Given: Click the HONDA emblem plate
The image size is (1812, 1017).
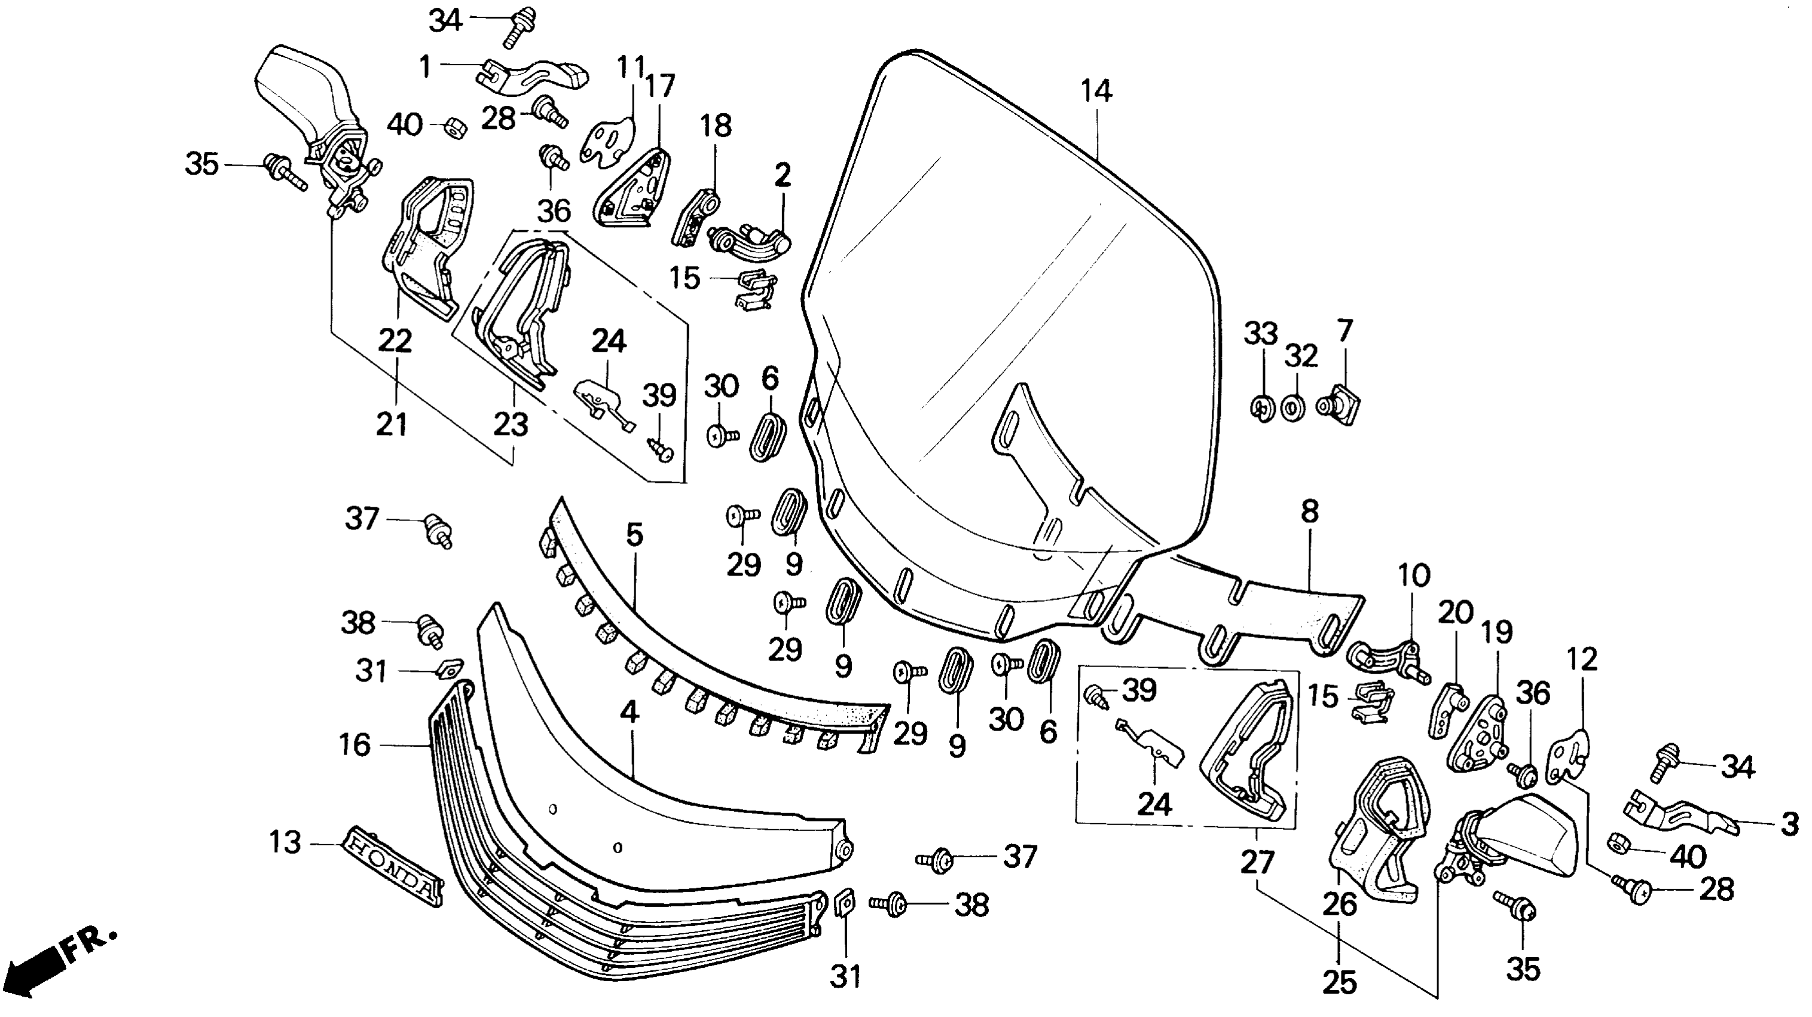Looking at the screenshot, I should [393, 865].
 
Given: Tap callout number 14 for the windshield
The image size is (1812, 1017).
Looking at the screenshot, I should [1096, 91].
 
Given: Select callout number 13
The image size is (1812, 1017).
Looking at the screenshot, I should [285, 842].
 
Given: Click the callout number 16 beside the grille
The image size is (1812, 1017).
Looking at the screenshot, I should [355, 745].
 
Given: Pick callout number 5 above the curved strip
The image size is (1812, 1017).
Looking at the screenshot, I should [634, 535].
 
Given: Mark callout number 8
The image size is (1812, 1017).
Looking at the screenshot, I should [1309, 512].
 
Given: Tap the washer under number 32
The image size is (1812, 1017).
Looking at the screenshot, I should [1291, 408].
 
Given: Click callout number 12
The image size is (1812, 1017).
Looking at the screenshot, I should [1582, 660].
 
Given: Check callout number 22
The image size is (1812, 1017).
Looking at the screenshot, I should [395, 342].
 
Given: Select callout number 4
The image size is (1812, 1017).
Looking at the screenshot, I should [630, 713].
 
